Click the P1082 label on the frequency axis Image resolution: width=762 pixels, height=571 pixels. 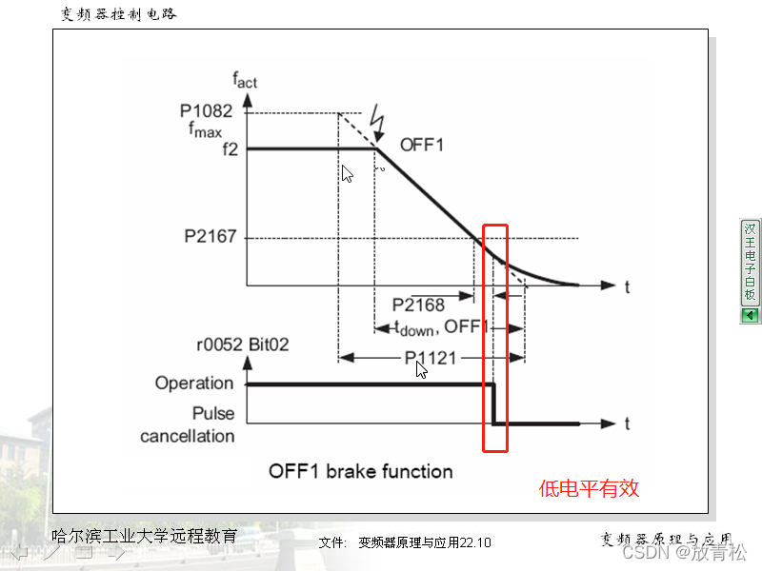(x=206, y=110)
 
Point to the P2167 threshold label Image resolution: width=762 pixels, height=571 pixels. (x=210, y=237)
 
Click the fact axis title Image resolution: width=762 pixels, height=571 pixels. (x=244, y=81)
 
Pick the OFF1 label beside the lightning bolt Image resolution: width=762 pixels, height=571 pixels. (x=422, y=145)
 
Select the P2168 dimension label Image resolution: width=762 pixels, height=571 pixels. (x=419, y=305)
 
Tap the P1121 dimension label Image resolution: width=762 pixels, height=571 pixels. (x=430, y=358)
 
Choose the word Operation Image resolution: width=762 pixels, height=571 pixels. (x=193, y=384)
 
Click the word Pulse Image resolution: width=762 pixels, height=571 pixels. (x=212, y=414)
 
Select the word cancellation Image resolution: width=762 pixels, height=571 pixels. (x=187, y=436)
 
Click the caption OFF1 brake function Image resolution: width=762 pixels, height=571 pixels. (x=360, y=471)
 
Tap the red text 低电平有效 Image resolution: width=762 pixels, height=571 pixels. (x=589, y=489)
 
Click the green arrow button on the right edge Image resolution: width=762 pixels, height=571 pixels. (x=750, y=315)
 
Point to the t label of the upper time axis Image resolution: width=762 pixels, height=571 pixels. (x=629, y=285)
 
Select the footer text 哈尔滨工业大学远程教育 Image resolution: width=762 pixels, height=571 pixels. (x=144, y=536)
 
